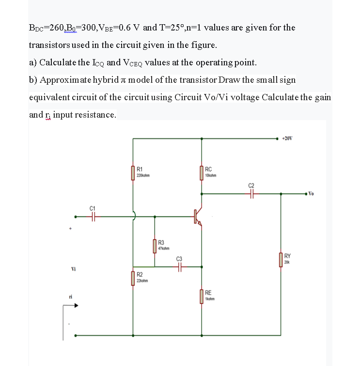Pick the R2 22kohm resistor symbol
click(x=133, y=278)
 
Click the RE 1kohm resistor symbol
click(x=202, y=296)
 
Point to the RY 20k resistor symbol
click(x=281, y=259)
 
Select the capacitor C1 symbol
click(x=94, y=217)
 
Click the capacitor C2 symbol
click(x=251, y=194)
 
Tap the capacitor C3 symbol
click(x=180, y=266)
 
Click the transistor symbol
click(x=198, y=216)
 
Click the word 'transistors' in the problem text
click(x=49, y=45)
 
